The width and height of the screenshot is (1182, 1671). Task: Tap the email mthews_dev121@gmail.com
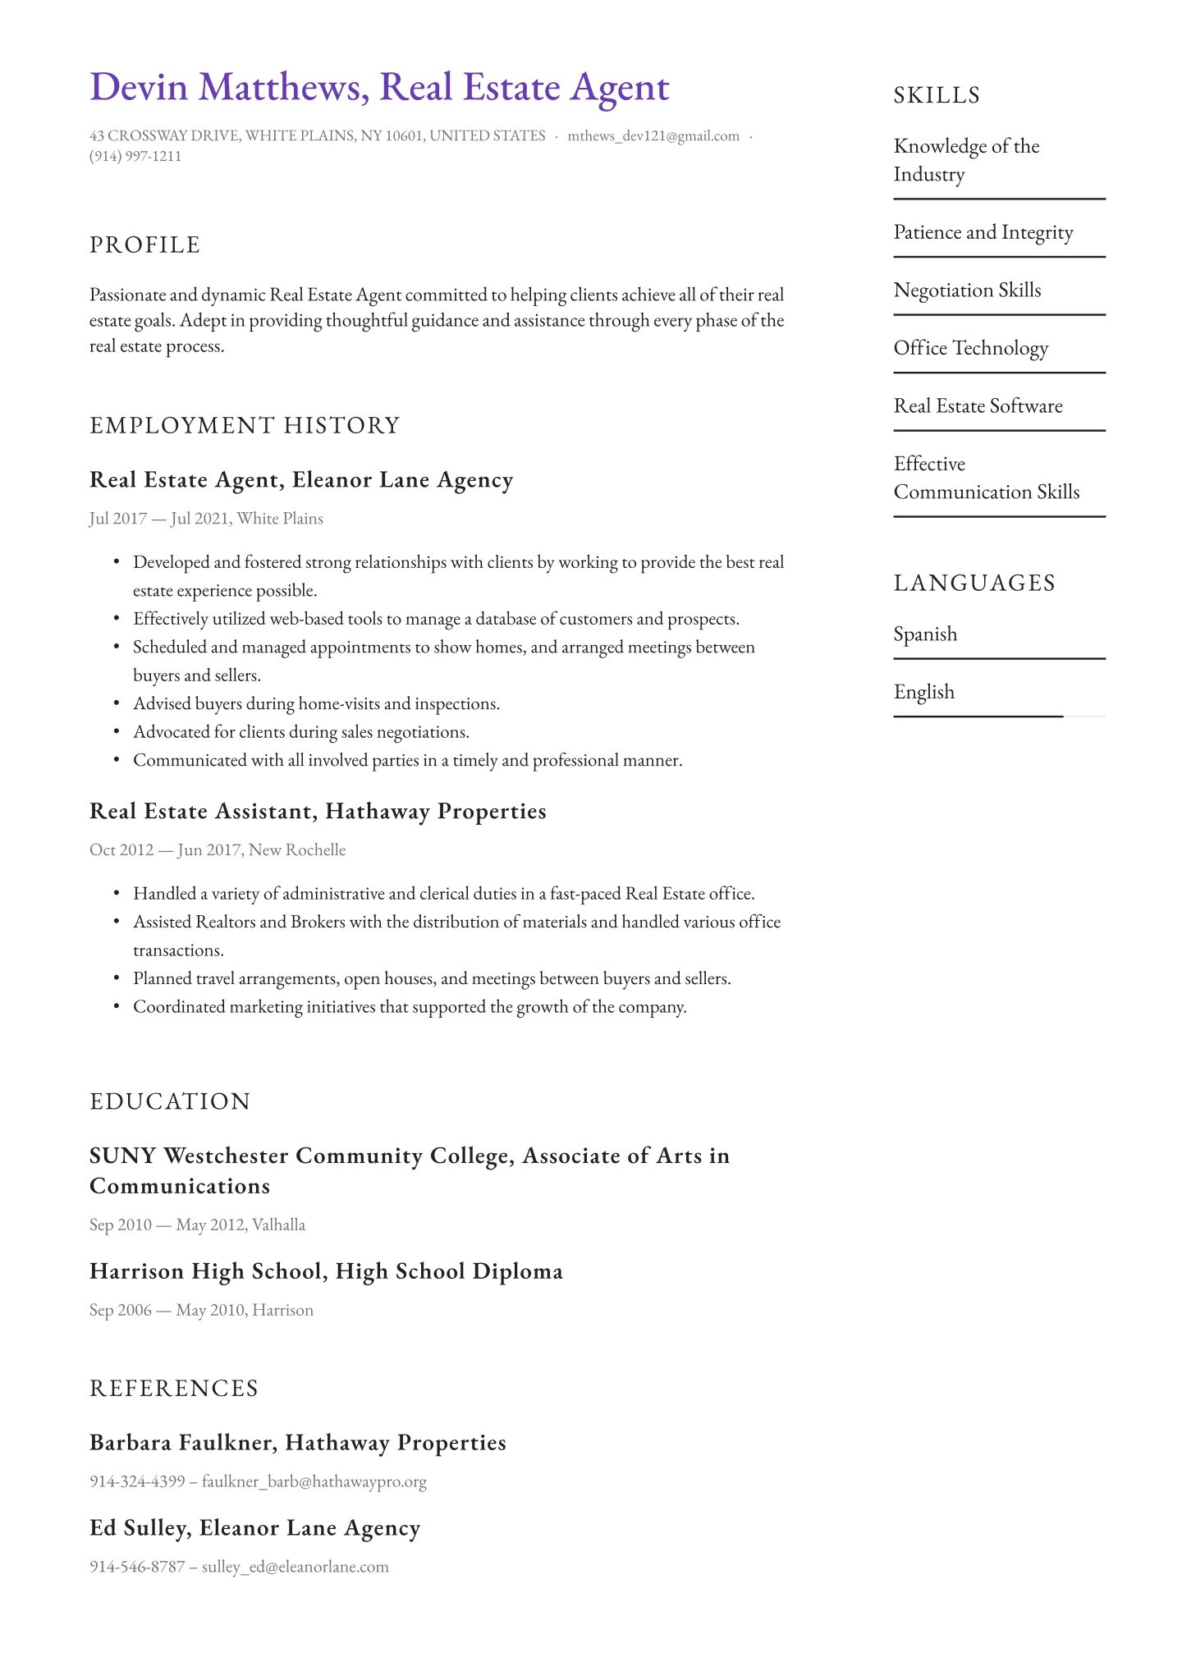point(653,136)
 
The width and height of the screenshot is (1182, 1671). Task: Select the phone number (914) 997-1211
point(135,156)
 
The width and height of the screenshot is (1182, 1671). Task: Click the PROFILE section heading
point(144,245)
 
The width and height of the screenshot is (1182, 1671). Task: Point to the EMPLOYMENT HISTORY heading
point(245,425)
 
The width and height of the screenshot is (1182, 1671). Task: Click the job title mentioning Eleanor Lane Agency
point(301,480)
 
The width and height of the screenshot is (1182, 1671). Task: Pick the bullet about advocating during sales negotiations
point(301,732)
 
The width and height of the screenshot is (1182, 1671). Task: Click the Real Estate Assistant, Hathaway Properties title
point(318,812)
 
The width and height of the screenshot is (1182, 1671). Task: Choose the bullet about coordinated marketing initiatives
point(410,1007)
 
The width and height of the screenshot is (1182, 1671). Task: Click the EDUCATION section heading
point(170,1101)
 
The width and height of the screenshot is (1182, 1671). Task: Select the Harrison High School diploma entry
point(326,1271)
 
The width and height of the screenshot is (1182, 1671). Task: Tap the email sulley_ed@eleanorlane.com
point(295,1567)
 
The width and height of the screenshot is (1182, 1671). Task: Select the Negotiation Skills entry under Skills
point(967,291)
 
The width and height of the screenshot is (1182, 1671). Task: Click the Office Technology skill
point(970,348)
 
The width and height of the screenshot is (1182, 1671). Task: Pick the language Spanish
point(925,634)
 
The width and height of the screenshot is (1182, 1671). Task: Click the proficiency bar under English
point(998,716)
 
